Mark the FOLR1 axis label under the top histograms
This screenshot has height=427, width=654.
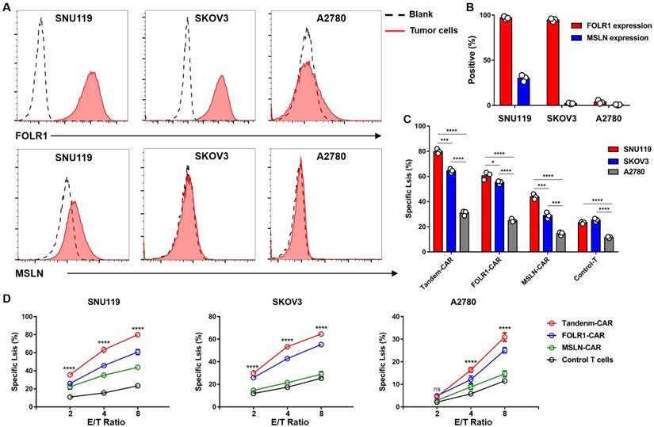pos(27,136)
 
